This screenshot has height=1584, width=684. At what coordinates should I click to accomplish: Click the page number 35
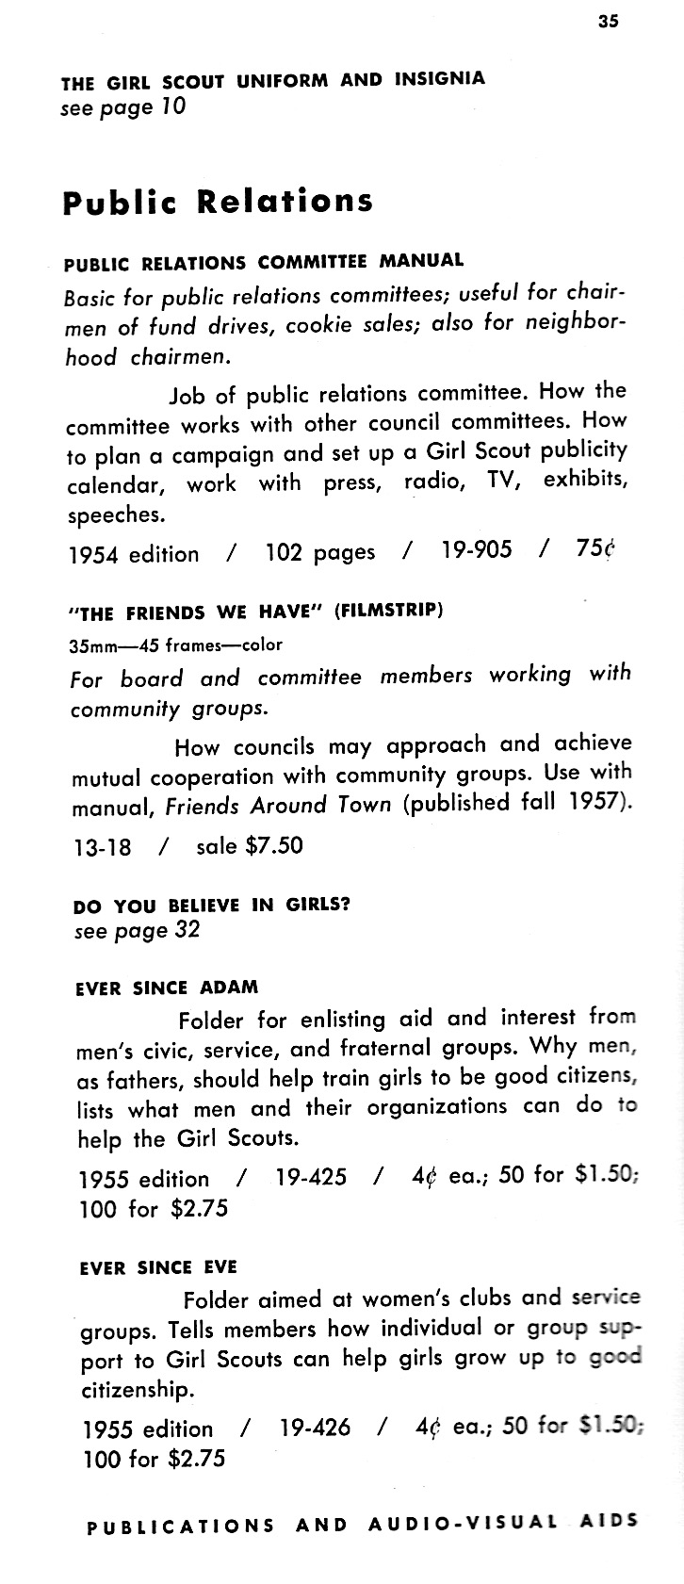click(608, 22)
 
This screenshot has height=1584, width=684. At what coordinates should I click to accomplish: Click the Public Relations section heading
click(218, 202)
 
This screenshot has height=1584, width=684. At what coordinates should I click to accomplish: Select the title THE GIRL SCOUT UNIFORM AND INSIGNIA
click(273, 81)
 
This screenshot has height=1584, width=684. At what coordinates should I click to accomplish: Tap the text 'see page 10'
click(122, 106)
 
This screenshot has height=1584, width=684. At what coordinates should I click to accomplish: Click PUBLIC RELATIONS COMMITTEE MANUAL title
click(264, 261)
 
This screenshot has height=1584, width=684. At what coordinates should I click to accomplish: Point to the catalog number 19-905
click(477, 549)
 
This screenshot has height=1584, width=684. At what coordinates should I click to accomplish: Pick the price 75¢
click(594, 548)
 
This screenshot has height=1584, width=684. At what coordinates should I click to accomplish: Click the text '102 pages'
click(319, 552)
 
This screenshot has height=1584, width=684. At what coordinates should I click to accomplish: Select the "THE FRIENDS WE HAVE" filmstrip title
click(256, 612)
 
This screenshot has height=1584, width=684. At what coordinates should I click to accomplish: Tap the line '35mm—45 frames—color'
click(176, 645)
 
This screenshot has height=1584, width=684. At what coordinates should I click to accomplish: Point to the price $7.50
click(274, 845)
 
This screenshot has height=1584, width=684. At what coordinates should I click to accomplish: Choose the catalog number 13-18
click(101, 847)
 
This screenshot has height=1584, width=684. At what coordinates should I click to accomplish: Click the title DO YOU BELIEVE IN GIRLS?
click(212, 906)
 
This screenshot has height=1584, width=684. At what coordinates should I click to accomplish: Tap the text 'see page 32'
click(137, 931)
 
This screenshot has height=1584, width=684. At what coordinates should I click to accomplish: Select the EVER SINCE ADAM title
click(167, 988)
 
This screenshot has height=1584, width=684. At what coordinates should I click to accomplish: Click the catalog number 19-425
click(311, 1177)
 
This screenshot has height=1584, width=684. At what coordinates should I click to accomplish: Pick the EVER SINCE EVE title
click(159, 1267)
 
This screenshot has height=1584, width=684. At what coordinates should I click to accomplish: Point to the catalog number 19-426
click(315, 1428)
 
